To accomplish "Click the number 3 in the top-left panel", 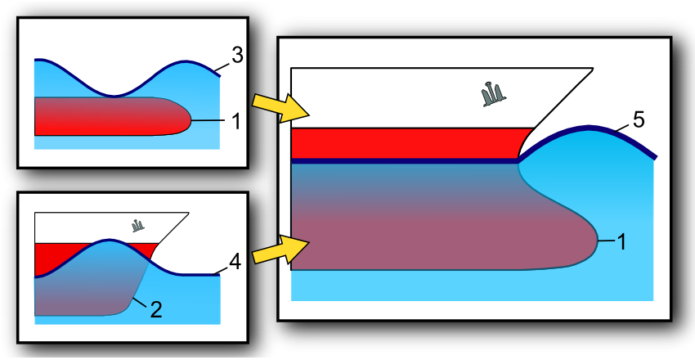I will click(236, 56).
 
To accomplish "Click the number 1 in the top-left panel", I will click(235, 121).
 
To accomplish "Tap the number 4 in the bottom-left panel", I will click(235, 263).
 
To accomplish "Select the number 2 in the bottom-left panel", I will click(155, 309).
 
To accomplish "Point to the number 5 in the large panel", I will click(639, 119).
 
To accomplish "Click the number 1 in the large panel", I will click(624, 241).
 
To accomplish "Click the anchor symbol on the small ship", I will click(137, 224).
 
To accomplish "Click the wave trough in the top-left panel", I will click(114, 95).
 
